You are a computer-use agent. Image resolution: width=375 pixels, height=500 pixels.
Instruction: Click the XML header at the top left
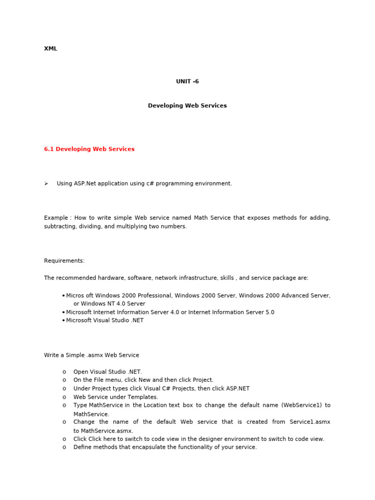pos(50,49)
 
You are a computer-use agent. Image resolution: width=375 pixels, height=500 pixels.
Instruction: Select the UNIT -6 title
pos(187,82)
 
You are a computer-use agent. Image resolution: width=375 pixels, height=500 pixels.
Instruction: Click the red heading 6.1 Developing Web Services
pos(89,149)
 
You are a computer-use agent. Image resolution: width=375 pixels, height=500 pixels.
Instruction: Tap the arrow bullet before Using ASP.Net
pos(46,184)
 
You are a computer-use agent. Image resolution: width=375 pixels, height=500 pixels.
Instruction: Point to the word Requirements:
pos(64,261)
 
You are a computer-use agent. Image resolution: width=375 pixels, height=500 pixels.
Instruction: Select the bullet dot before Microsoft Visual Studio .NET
pos(64,321)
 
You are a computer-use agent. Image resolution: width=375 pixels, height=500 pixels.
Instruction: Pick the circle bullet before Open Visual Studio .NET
pos(64,372)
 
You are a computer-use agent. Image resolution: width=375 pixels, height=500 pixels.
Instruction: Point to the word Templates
pos(143,397)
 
